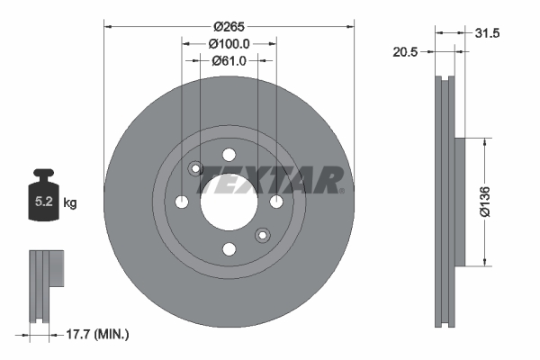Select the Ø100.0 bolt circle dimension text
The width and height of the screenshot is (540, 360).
(229, 43)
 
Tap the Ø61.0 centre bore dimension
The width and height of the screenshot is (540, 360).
(229, 61)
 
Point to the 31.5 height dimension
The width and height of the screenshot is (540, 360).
(487, 33)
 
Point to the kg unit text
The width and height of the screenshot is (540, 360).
(70, 203)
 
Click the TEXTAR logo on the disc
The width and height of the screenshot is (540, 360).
(270, 180)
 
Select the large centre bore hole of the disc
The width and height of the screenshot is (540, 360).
(229, 200)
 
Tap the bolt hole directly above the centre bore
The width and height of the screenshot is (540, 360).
(229, 153)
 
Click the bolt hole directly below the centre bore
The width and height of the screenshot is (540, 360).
(229, 247)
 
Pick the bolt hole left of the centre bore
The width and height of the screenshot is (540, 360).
(182, 200)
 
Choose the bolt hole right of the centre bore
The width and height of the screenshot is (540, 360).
(276, 200)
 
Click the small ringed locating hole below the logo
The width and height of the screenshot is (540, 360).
(262, 234)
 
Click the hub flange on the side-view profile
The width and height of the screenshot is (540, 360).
(462, 202)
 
